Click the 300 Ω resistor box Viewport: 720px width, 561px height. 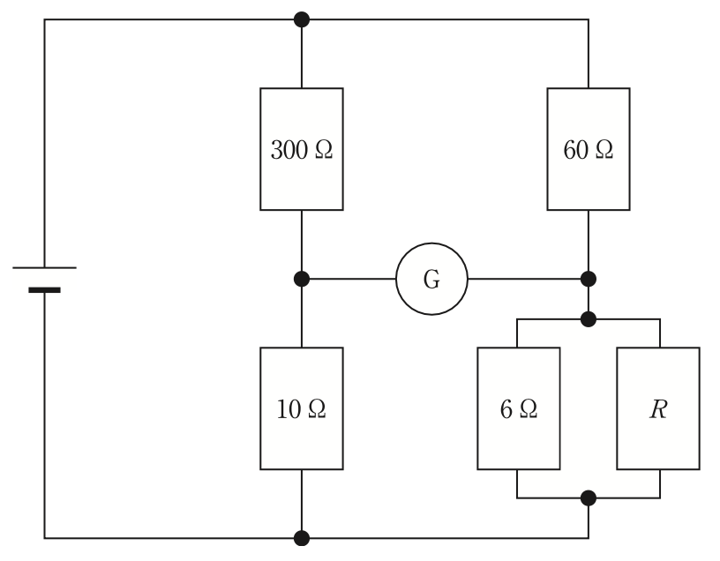pos(302,149)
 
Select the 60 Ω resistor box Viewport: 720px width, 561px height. pos(589,149)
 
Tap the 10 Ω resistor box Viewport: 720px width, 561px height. pos(302,408)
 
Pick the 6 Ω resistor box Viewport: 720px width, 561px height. pos(519,408)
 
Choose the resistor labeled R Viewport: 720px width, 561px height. pos(658,408)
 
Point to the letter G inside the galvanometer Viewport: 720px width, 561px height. pos(431,279)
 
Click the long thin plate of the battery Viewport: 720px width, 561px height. pos(44,267)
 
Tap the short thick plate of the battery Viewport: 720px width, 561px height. pos(44,289)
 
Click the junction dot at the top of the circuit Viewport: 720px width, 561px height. pos(302,19)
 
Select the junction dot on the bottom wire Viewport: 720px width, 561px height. pos(302,538)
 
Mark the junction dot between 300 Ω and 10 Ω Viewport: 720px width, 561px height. pos(302,279)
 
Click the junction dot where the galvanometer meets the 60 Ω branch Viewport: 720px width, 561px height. pos(589,279)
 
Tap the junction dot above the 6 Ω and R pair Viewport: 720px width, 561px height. pos(589,319)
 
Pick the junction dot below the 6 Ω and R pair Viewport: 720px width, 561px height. pos(589,498)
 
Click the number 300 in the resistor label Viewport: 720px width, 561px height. pos(289,150)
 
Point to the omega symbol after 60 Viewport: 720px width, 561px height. pos(604,150)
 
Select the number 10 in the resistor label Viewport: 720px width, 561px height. pos(289,409)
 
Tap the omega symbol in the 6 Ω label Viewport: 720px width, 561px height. pos(528,409)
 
